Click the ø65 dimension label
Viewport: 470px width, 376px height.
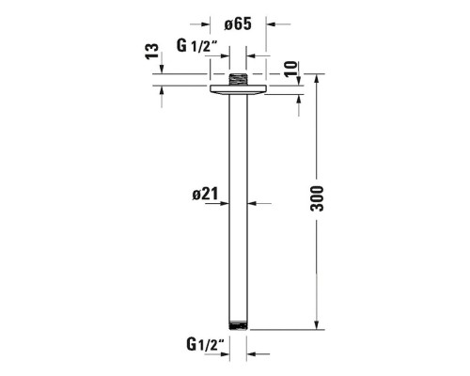pos(238,24)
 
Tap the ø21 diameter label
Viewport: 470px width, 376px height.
pos(205,195)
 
